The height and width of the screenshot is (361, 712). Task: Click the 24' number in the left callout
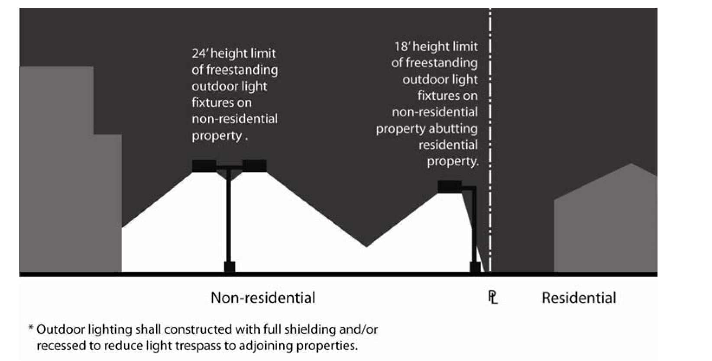coord(200,54)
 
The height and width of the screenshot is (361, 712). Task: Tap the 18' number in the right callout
coord(402,46)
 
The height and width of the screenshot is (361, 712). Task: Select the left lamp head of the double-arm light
coord(204,166)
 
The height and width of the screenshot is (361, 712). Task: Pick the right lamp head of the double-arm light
coord(254,166)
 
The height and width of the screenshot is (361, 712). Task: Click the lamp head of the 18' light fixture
coord(450,187)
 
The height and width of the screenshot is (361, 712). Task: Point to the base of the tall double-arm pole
coord(229,267)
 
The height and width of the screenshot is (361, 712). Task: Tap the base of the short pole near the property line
coord(475,267)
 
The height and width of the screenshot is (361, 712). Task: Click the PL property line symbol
coord(493,297)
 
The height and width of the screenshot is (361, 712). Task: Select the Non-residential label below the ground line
coord(263,298)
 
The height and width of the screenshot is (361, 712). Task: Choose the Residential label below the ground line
coord(579,298)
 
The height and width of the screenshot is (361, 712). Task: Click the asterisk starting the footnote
coord(31,329)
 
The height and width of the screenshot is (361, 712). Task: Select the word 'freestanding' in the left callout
coord(242,70)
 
